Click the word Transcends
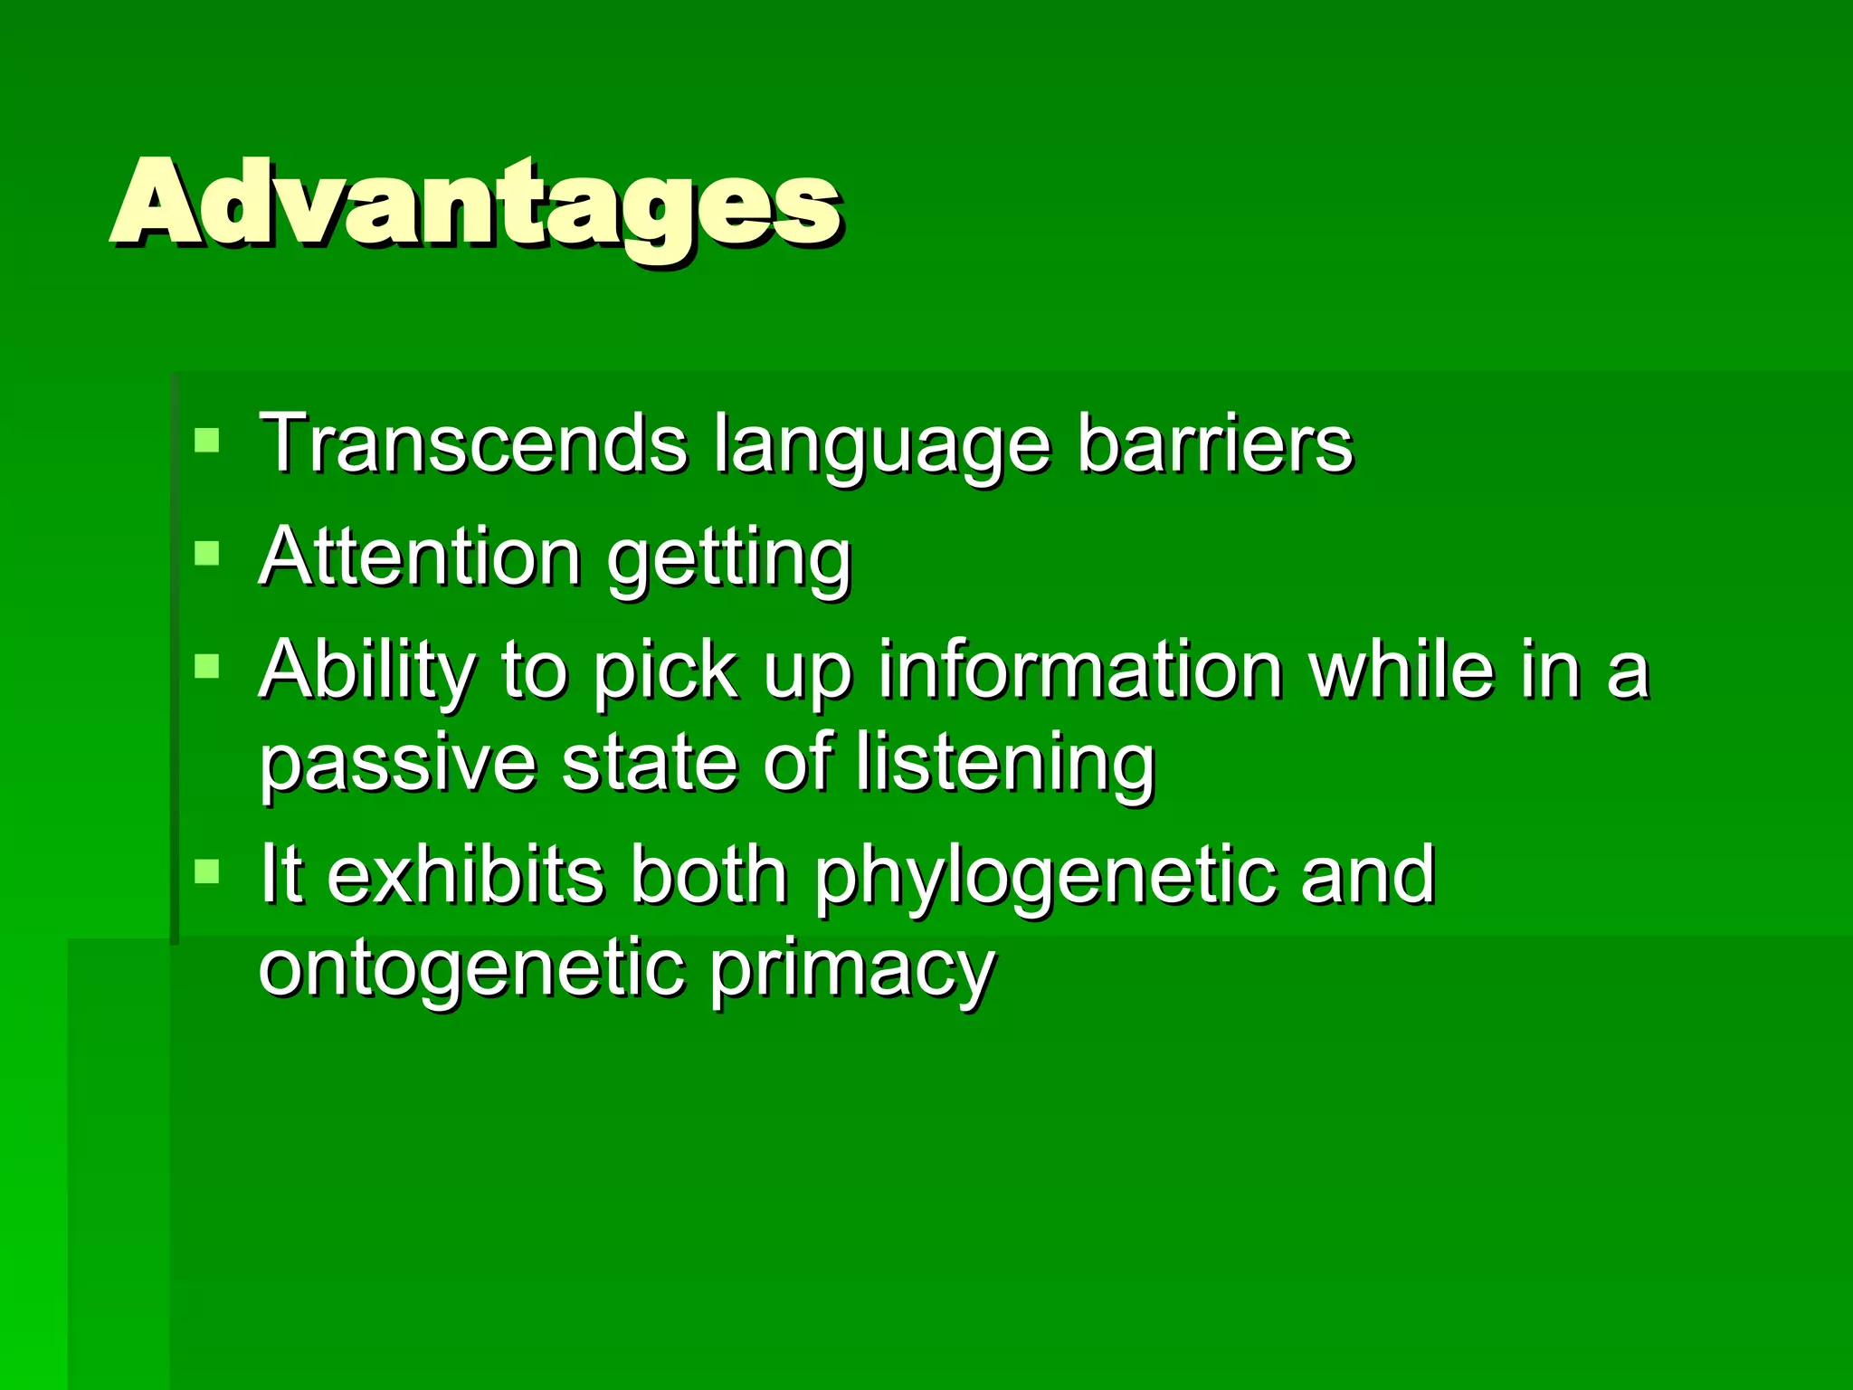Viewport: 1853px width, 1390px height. click(x=473, y=443)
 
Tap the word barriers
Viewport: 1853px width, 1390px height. click(x=1215, y=443)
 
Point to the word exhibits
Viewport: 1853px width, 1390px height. click(x=465, y=874)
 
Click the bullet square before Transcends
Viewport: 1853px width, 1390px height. click(x=207, y=441)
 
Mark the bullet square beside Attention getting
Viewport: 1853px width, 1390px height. click(x=207, y=553)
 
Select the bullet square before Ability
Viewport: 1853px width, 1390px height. click(x=207, y=667)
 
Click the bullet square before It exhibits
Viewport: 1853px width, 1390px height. click(x=207, y=871)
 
